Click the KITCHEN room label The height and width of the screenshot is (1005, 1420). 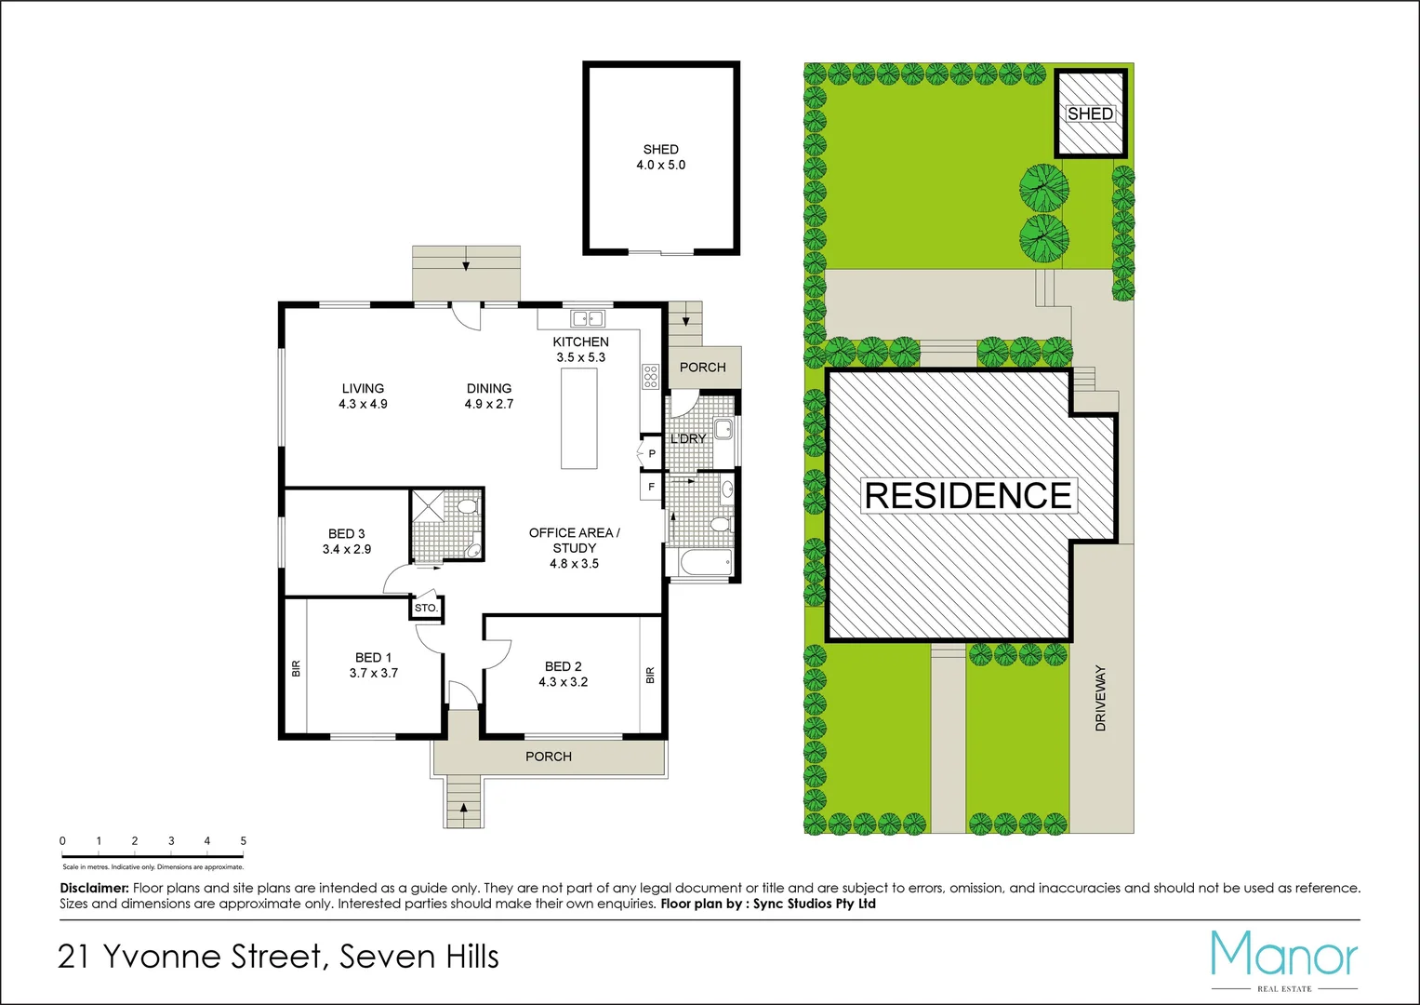[x=580, y=342]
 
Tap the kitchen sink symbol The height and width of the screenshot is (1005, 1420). [x=587, y=318]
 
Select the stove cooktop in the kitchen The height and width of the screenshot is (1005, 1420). [x=650, y=377]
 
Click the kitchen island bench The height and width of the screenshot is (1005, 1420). [x=578, y=419]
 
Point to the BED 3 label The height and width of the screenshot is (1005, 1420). [x=346, y=534]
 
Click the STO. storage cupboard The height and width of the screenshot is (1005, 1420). [x=426, y=608]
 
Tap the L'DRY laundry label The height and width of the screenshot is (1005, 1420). [x=688, y=438]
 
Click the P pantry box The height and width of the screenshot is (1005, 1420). [x=651, y=454]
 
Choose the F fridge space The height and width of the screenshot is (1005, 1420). [x=651, y=487]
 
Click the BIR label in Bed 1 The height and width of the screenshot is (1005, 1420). [x=297, y=668]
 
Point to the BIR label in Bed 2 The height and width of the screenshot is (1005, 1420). [x=650, y=675]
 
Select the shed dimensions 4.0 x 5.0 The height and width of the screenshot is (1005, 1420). [x=660, y=166]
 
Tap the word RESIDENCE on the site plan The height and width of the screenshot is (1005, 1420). [x=968, y=496]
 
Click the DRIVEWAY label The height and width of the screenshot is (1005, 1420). [x=1101, y=698]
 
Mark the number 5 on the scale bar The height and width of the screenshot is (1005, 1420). [x=244, y=841]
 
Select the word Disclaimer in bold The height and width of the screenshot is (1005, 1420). [x=94, y=889]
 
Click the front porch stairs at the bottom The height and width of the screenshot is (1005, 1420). [x=463, y=802]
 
